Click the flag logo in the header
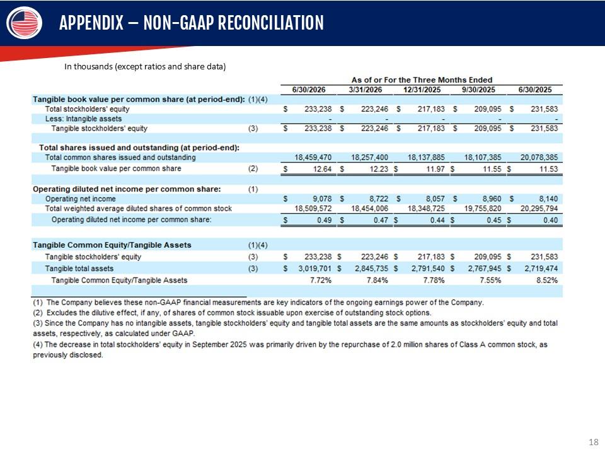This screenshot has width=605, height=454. (x=25, y=23)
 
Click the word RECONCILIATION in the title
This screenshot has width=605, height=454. (x=271, y=23)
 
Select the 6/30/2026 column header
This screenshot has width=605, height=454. (x=309, y=90)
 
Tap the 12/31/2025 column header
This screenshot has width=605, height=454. (x=422, y=90)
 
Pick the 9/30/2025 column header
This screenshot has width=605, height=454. (x=478, y=90)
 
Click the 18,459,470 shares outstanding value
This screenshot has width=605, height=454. (x=313, y=158)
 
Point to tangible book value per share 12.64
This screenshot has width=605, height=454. (x=322, y=169)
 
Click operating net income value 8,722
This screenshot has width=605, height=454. (x=379, y=199)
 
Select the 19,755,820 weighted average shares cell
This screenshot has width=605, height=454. (x=483, y=209)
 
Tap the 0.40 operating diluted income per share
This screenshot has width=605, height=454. (x=551, y=220)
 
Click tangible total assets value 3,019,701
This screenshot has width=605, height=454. (x=315, y=269)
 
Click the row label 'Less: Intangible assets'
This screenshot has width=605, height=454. (x=83, y=119)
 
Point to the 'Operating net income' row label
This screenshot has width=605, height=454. (x=80, y=199)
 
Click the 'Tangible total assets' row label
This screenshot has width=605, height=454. (x=79, y=269)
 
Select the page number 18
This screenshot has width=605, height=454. (x=594, y=442)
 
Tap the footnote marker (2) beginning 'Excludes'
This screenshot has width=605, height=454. (x=38, y=313)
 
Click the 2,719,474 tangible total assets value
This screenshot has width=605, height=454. (x=541, y=269)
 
